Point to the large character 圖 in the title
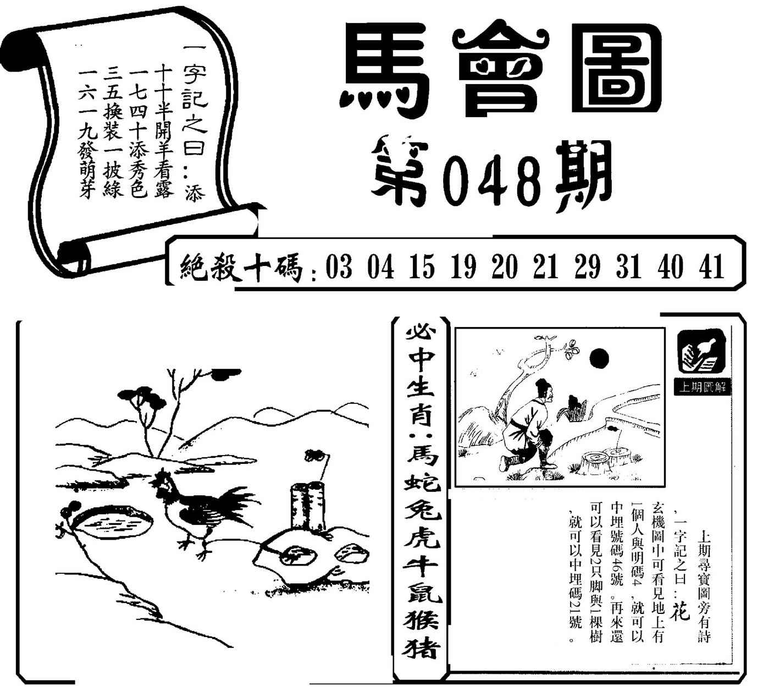(617, 69)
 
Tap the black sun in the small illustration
(599, 358)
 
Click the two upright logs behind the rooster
(308, 506)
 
